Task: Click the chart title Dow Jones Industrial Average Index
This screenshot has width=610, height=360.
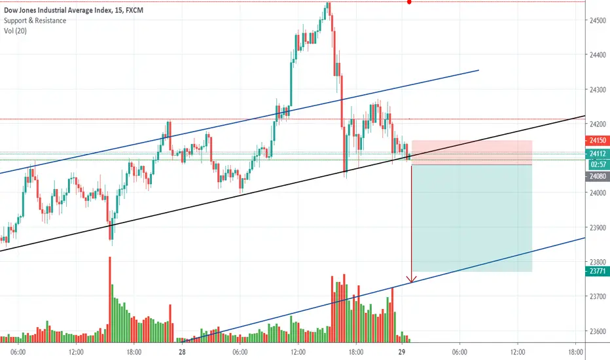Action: (57, 10)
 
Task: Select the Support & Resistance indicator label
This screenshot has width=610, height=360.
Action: (35, 21)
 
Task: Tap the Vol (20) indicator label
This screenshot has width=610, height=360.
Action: (15, 31)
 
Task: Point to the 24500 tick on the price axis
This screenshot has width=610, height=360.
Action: (598, 20)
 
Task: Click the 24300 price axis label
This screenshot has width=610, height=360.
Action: (598, 90)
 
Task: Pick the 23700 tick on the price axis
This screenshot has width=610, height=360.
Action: (598, 297)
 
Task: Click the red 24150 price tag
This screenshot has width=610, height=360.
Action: (598, 141)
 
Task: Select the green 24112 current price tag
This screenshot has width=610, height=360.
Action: (598, 154)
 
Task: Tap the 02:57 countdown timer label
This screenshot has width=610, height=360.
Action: (598, 164)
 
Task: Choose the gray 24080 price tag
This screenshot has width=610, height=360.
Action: (598, 176)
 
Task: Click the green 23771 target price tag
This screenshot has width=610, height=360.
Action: (598, 271)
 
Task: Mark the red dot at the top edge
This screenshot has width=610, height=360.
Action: (409, 2)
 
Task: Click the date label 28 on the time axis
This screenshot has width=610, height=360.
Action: (182, 352)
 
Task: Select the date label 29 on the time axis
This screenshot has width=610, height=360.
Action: (402, 352)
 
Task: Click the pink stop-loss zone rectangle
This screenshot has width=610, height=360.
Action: (472, 153)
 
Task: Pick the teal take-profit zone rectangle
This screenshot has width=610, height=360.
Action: (472, 218)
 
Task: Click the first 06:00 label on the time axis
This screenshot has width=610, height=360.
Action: (18, 352)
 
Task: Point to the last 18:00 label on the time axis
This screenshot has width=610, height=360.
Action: (575, 352)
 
